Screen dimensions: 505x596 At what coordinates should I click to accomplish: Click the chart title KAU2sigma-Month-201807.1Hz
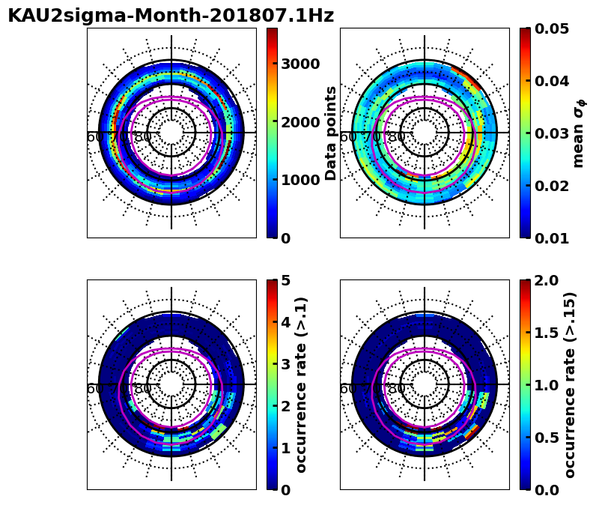(171, 16)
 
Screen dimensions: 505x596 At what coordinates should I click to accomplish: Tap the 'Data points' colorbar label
(331, 133)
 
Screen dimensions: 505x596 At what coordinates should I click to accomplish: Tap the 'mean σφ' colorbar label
(578, 133)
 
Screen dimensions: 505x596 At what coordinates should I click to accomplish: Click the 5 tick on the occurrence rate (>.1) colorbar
(285, 280)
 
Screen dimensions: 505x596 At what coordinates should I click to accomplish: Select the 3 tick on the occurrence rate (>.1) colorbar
(285, 364)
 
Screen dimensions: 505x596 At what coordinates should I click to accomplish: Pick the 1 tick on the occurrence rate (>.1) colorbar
(285, 448)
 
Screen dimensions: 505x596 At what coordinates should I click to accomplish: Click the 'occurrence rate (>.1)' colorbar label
(302, 384)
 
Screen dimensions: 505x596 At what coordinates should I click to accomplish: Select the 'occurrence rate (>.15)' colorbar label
(571, 384)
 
